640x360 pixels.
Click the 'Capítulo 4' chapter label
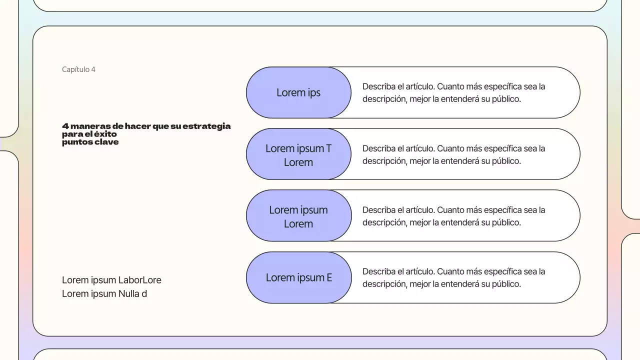pos(78,69)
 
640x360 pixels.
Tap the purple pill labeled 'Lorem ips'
pos(298,92)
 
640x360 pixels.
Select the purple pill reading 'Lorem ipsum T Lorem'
pos(298,154)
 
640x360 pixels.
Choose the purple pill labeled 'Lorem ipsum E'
pos(298,277)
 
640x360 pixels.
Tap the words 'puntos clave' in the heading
pos(90,142)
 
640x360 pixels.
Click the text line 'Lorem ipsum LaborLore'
pos(111,280)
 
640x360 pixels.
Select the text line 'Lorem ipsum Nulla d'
pos(104,293)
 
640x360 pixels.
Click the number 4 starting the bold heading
pos(65,126)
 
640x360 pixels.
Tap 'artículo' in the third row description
pos(417,210)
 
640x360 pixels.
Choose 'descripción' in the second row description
pos(384,161)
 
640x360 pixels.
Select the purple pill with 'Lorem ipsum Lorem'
pos(298,216)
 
